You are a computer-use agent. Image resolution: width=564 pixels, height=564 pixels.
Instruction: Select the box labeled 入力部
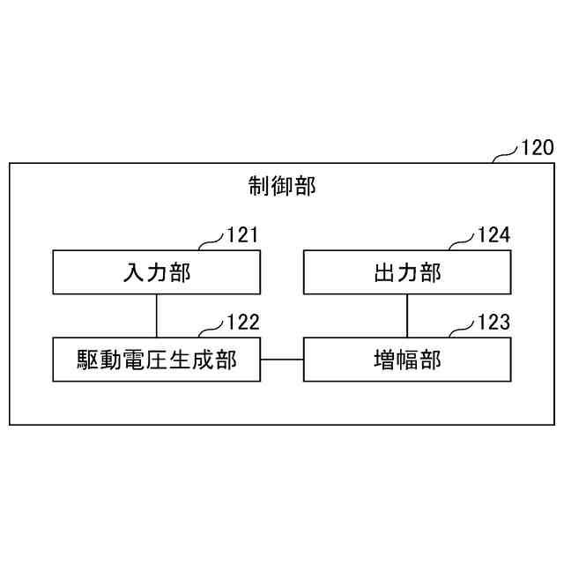(156, 272)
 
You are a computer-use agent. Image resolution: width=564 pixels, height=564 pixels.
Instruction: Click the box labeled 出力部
(406, 272)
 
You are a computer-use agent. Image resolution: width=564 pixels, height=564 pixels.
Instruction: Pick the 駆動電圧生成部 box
(156, 360)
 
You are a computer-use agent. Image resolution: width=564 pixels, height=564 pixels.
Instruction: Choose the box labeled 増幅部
(406, 360)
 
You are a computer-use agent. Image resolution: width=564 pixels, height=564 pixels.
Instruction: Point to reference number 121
(242, 235)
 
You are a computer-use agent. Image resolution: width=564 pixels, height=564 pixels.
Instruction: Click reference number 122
(242, 323)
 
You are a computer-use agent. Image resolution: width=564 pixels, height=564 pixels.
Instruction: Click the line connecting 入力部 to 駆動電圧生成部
(156, 315)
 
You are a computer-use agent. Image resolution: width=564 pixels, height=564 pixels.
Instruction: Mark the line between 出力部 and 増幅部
(406, 315)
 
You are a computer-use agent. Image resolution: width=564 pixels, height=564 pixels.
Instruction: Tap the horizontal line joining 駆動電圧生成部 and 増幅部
(282, 360)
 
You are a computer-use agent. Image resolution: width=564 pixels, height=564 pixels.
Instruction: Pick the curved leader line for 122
(212, 330)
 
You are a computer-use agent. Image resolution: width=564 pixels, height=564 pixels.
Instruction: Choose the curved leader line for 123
(463, 330)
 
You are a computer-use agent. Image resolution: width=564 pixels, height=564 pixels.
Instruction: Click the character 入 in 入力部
(133, 272)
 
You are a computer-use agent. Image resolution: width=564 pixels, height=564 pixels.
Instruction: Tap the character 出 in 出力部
(383, 272)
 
